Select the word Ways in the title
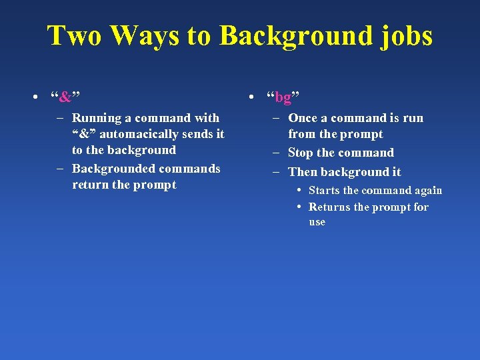(x=143, y=36)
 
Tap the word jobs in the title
(x=405, y=36)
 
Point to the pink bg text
(x=283, y=97)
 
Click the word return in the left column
(x=91, y=185)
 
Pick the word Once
(x=303, y=118)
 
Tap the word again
(x=427, y=191)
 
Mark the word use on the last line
(x=317, y=222)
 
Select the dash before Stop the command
(x=276, y=153)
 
